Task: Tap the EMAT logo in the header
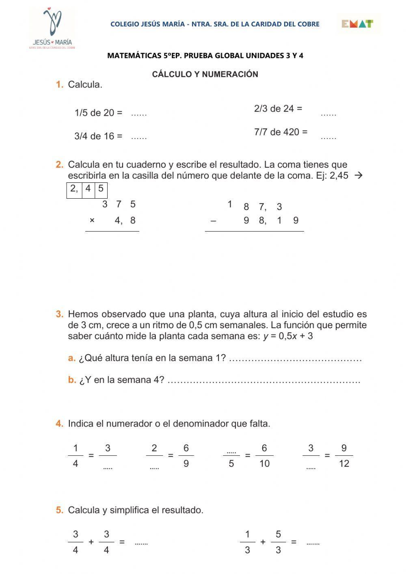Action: pos(357,24)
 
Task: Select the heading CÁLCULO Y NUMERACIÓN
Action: pos(205,74)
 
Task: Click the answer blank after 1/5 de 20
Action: pos(139,114)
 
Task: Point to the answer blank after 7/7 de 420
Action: pos(328,137)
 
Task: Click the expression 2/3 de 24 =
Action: pos(278,108)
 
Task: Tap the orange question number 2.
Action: pos(60,165)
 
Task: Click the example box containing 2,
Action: pos(74,189)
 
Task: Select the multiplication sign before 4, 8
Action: pos(92,221)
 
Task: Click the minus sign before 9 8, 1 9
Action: pos(214,221)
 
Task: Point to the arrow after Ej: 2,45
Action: pos(358,176)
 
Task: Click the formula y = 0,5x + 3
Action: pos(288,336)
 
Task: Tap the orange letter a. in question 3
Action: pos(72,358)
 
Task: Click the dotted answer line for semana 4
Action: pos(264,381)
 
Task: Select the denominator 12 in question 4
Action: pos(344,464)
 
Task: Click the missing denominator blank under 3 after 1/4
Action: pos(108,466)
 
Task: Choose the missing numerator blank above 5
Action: pos(231,451)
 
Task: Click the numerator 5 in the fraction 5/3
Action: pos(278,535)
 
